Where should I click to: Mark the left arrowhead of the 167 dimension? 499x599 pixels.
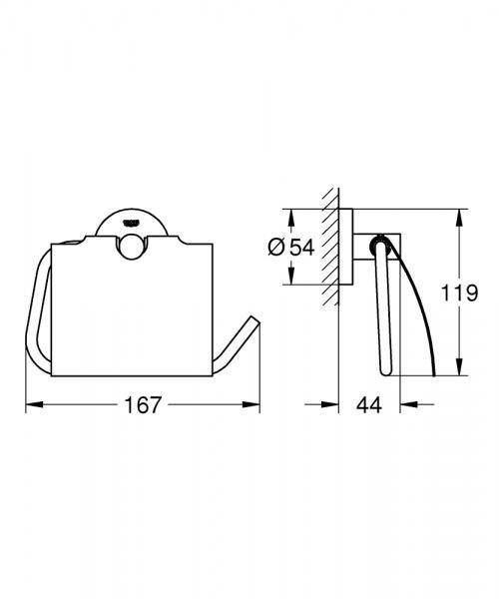tap(29, 405)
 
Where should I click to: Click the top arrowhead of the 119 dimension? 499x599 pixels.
tap(461, 214)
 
